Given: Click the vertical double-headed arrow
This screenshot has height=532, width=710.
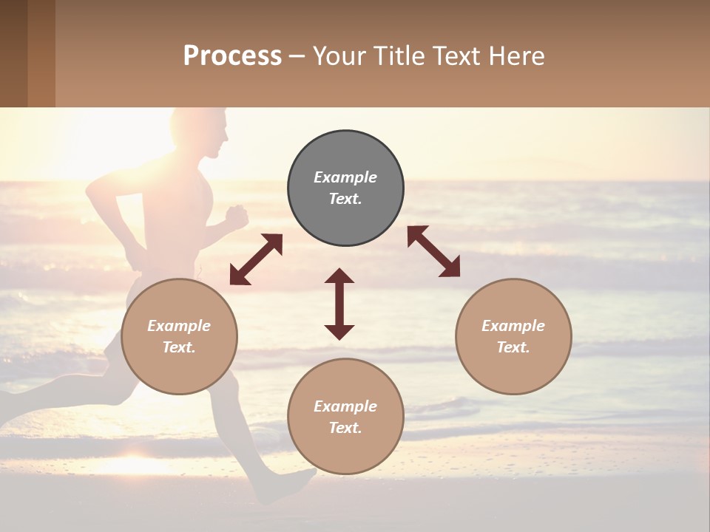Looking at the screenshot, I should click(x=339, y=304).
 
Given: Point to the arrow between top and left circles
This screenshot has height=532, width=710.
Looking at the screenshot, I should click(x=256, y=259).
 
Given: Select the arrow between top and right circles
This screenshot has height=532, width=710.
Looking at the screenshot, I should click(x=433, y=251).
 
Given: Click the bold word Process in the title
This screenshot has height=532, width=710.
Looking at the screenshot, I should click(x=232, y=55).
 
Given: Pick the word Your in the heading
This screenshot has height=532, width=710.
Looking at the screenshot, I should click(x=339, y=55).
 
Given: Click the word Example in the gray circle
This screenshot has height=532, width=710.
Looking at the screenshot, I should click(x=345, y=177).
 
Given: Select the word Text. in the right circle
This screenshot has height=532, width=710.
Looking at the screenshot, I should click(x=513, y=347).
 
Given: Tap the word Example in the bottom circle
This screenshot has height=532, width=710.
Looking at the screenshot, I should click(x=345, y=406).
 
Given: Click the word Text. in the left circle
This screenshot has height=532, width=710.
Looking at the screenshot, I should click(x=179, y=347).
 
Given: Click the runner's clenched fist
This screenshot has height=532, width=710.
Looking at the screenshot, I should click(x=237, y=217).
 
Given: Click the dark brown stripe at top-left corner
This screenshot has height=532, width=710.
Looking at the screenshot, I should click(x=13, y=53).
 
